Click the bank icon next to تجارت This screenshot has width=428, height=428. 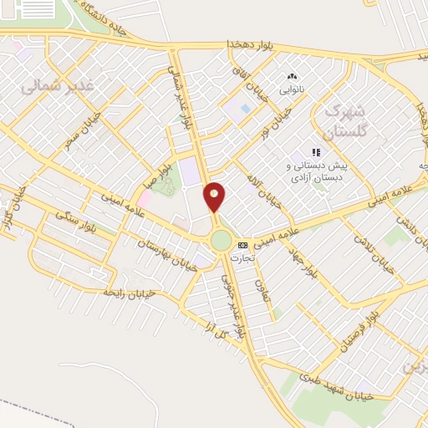point(243,245)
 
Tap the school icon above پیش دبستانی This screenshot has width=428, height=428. point(316,152)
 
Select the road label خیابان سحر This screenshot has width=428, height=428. point(84,132)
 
